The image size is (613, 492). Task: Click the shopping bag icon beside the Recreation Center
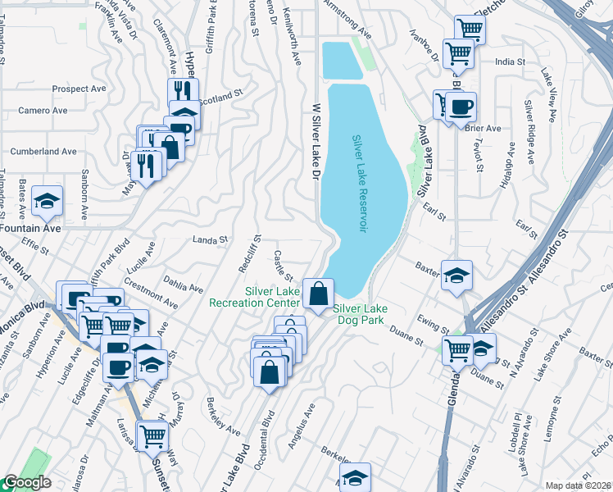[318, 291]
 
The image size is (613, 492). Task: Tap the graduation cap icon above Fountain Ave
[48, 199]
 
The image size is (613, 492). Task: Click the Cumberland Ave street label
[43, 152]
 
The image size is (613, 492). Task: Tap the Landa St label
[209, 240]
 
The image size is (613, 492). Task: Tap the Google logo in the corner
[26, 483]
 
